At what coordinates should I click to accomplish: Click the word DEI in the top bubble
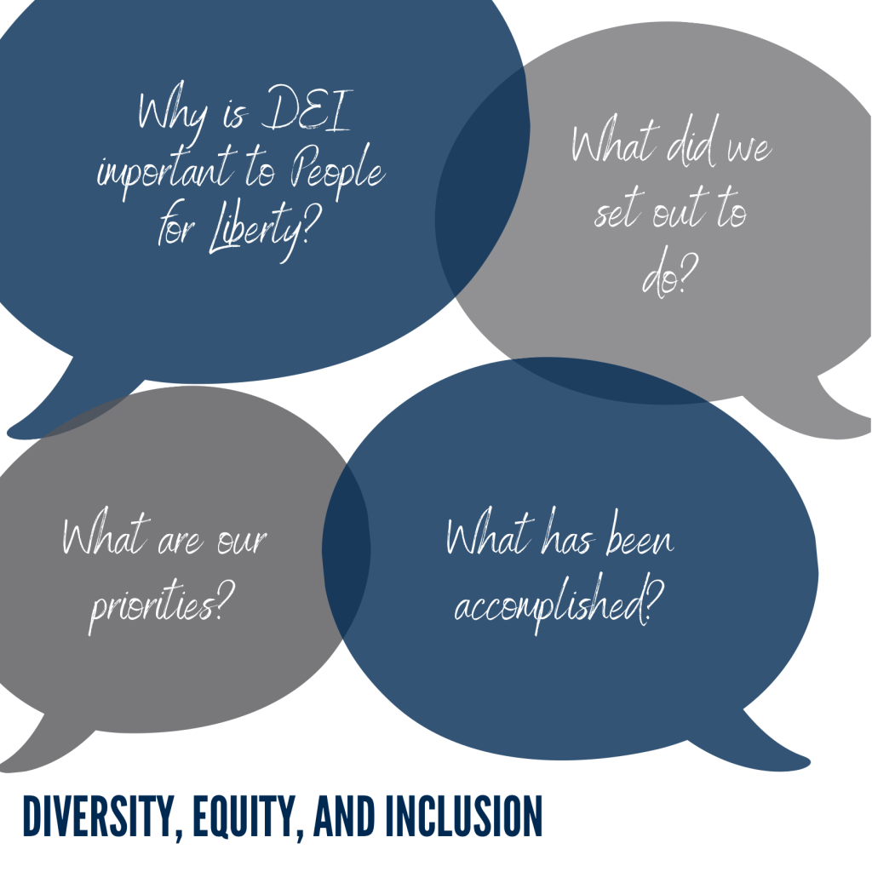[307, 109]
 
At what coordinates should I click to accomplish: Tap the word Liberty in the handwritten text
[261, 231]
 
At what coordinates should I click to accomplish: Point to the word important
[166, 169]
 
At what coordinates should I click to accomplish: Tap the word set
[617, 209]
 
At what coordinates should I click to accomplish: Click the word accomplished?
[559, 604]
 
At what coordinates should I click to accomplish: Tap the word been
[640, 535]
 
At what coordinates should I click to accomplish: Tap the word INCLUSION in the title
[464, 816]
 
